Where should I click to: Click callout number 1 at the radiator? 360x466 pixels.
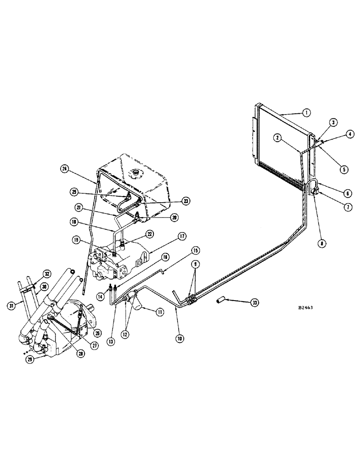pyautogui.click(x=306, y=112)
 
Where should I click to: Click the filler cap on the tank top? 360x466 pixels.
pyautogui.click(x=137, y=176)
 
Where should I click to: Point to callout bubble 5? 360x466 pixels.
pyautogui.click(x=343, y=170)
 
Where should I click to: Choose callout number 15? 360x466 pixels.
pyautogui.click(x=196, y=252)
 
